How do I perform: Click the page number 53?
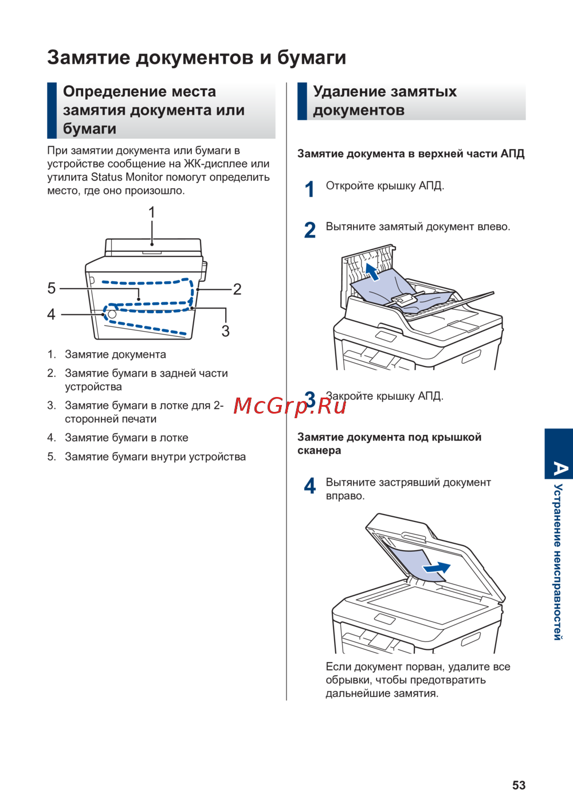[x=519, y=785]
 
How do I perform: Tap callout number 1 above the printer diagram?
[x=152, y=213]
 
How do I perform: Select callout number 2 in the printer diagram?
[x=237, y=289]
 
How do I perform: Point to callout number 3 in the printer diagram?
[x=226, y=331]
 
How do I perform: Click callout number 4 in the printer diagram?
[x=52, y=314]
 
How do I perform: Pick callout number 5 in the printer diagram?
[x=52, y=288]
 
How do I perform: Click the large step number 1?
[x=310, y=189]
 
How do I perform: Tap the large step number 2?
[x=310, y=230]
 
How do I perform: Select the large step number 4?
[x=310, y=486]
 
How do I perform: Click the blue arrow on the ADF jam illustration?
[x=372, y=271]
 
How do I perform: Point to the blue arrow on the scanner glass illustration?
[x=437, y=568]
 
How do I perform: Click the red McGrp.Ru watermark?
[x=290, y=406]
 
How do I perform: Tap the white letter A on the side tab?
[x=559, y=469]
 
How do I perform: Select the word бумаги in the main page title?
[x=312, y=57]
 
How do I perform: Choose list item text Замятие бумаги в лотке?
[x=127, y=438]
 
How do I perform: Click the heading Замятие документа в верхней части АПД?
[x=411, y=154]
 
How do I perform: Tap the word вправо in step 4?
[x=346, y=496]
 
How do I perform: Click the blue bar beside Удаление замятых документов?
[x=302, y=101]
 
